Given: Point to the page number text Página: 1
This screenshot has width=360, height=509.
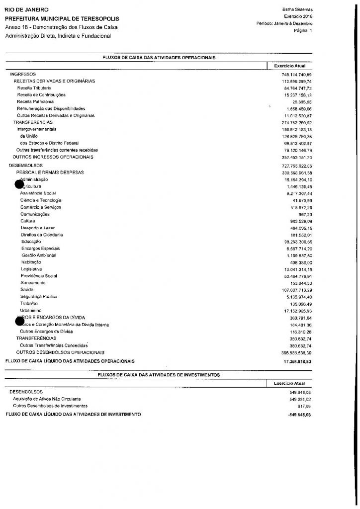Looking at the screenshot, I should [302, 30].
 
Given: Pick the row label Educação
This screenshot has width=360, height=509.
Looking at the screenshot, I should [31, 241].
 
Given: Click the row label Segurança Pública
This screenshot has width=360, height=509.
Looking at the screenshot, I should [39, 296].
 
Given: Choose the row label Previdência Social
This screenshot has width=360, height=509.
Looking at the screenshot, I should [39, 275].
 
